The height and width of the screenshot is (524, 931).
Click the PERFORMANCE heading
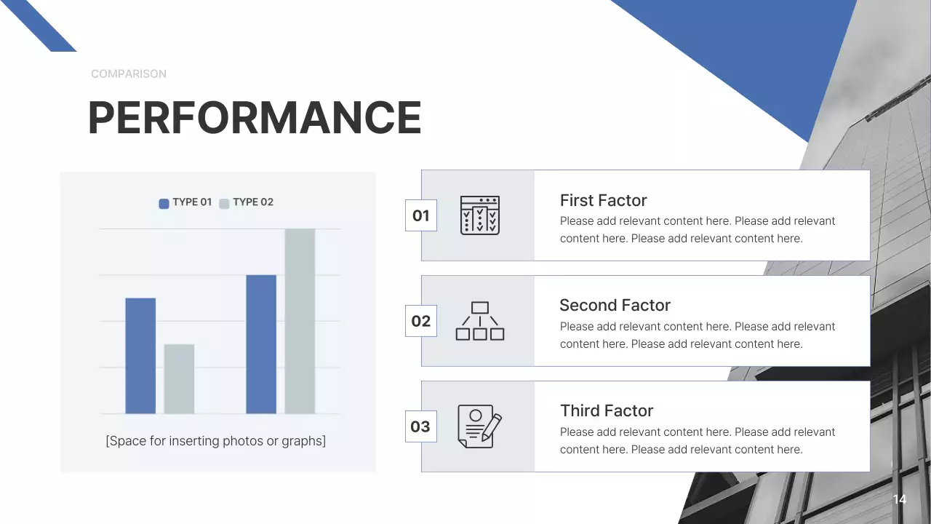[x=255, y=117]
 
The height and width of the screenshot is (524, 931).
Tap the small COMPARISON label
[x=129, y=74]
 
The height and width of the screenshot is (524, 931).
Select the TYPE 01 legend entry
[x=185, y=202]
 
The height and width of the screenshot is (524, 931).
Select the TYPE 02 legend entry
[x=247, y=202]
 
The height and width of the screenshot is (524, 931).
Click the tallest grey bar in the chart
[x=300, y=321]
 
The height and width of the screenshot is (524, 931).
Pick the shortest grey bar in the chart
[x=179, y=378]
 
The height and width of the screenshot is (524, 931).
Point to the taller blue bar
[x=261, y=344]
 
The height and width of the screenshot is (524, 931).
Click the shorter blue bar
[x=140, y=355]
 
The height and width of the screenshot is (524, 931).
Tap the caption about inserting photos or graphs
[x=216, y=440]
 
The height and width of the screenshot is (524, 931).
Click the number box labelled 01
[x=421, y=215]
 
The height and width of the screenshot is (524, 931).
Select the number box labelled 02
[x=421, y=321]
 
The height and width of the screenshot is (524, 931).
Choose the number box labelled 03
[x=421, y=426]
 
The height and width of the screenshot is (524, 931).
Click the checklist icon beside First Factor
[x=480, y=215]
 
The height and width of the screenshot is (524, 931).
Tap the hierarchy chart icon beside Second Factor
[x=480, y=321]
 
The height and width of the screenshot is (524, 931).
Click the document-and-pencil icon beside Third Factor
[x=479, y=426]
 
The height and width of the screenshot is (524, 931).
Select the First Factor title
[x=604, y=200]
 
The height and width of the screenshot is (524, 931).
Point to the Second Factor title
[x=615, y=305]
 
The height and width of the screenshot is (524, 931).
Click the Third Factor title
[x=607, y=410]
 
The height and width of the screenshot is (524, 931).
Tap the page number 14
[x=900, y=499]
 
